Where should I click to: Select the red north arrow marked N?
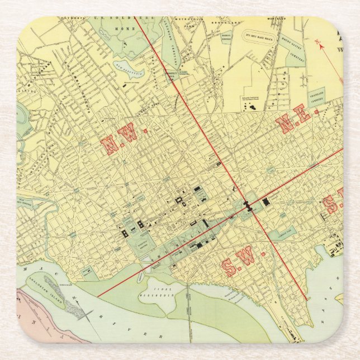(320, 44)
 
